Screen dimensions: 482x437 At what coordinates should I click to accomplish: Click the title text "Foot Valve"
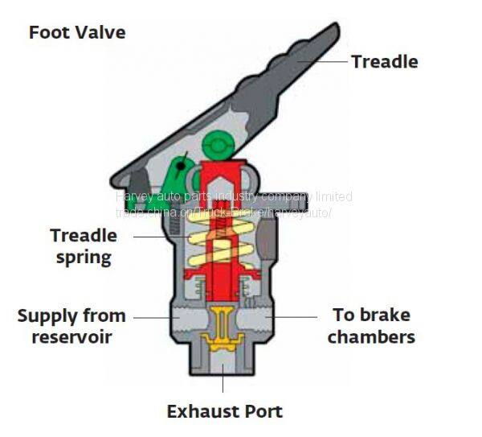coord(77,33)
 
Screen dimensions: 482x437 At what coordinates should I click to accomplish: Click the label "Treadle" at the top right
coord(384,61)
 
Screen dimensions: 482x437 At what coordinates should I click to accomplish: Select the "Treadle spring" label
coord(84,246)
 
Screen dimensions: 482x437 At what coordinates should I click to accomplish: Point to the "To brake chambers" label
coord(370,325)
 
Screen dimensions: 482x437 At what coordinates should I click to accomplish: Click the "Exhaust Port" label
coord(224,411)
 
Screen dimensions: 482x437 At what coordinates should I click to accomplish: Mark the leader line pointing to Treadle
coord(321,60)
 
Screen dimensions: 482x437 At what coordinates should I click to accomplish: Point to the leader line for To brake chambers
coord(295,316)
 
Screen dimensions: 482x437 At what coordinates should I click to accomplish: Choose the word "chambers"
coord(371,336)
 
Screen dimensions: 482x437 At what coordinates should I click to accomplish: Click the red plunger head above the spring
coord(216,175)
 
